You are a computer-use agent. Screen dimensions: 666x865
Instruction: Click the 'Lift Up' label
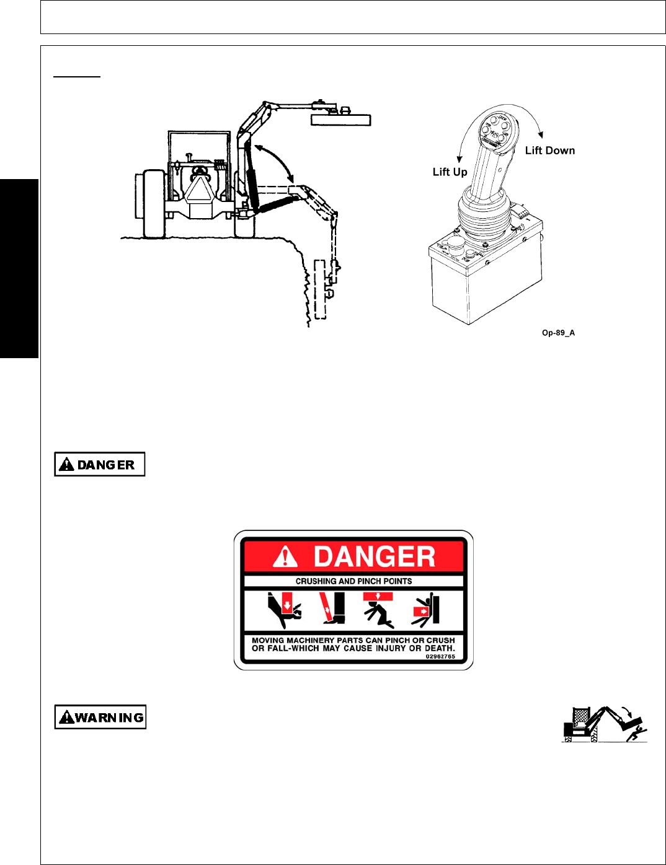point(450,172)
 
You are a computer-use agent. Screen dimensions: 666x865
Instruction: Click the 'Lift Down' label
point(549,151)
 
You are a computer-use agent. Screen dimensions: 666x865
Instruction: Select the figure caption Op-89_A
point(558,333)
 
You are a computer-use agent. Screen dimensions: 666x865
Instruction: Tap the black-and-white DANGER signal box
point(100,464)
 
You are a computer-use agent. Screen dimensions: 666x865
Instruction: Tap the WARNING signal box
point(100,717)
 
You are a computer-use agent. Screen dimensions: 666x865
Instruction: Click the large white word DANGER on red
point(374,556)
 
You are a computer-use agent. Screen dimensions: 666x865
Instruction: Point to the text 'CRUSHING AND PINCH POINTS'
point(353,581)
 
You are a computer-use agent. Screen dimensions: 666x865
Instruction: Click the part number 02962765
point(440,656)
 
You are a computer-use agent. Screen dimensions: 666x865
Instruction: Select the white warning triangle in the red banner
point(285,556)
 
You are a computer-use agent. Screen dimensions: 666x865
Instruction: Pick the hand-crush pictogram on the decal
point(283,610)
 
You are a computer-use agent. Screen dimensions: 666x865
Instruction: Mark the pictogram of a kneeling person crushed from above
point(378,610)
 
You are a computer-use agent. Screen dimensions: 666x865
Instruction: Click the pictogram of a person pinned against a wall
point(425,610)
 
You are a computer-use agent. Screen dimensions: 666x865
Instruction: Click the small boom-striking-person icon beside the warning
point(605,724)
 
